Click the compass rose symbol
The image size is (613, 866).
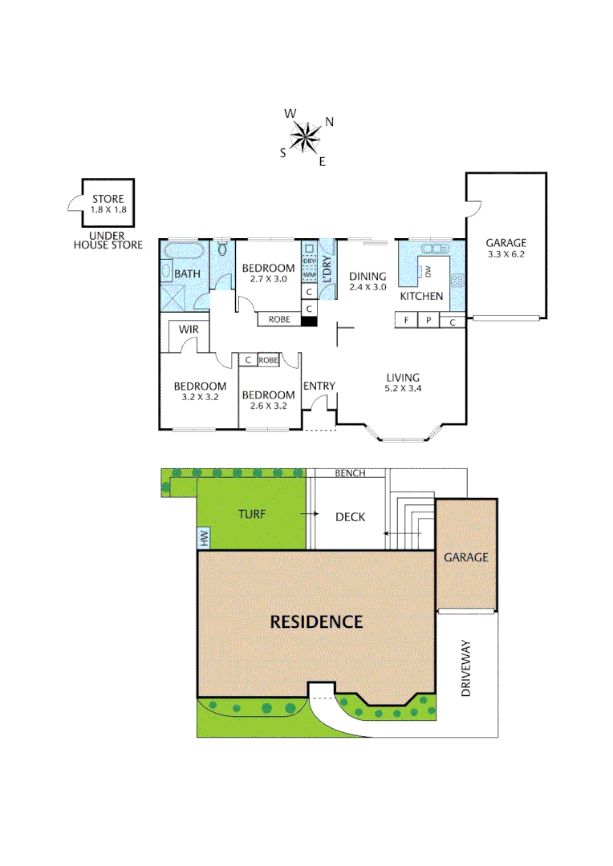point(306,136)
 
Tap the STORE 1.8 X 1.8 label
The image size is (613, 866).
point(108,204)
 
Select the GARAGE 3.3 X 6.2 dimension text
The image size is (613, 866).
point(506,249)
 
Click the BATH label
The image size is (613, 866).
point(187,274)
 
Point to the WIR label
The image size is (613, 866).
point(189,330)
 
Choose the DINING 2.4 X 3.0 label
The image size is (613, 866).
point(367,281)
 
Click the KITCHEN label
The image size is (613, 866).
point(421,296)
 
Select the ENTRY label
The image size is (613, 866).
point(319,386)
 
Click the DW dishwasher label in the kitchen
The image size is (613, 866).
point(428,271)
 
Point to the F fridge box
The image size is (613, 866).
point(407,321)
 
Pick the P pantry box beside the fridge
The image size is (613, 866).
point(429,321)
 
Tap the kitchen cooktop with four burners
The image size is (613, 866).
point(457,281)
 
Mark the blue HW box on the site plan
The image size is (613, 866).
point(203,539)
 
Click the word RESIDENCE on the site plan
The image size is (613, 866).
point(316,621)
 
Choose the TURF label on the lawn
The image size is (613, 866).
point(252,513)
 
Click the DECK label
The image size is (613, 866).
point(350,517)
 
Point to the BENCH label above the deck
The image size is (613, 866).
point(350,473)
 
